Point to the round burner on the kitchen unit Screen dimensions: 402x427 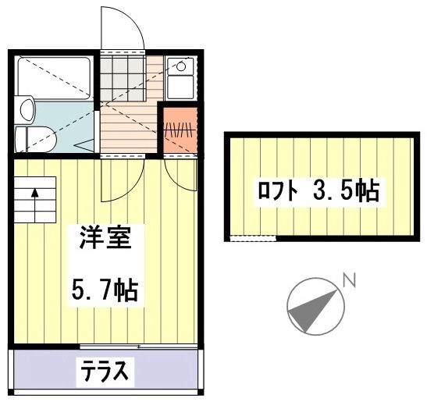click(180, 66)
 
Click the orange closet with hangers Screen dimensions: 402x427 click(177, 130)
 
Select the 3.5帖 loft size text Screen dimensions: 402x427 click(348, 190)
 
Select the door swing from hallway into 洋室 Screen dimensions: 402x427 click(121, 178)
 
